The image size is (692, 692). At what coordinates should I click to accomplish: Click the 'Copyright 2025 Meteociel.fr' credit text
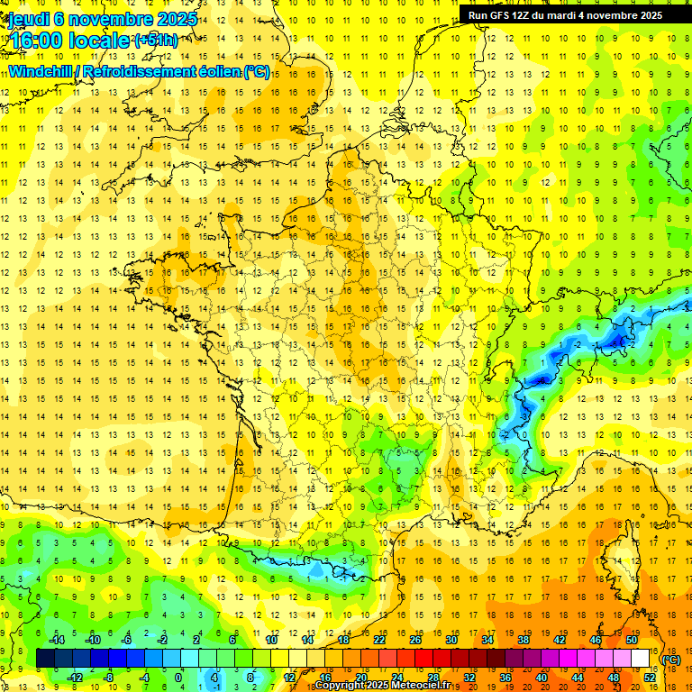pyautogui.click(x=382, y=686)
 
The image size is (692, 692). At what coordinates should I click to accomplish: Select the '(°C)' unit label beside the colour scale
pyautogui.click(x=671, y=660)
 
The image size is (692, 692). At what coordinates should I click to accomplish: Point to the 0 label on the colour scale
pyautogui.click(x=178, y=678)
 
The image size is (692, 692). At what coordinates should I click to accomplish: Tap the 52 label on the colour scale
pyautogui.click(x=650, y=678)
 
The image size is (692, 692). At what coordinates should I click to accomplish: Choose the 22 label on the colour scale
pyautogui.click(x=379, y=640)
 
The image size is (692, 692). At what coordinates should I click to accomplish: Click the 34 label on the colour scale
pyautogui.click(x=487, y=640)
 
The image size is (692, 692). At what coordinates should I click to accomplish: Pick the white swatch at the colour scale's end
pyautogui.click(x=641, y=659)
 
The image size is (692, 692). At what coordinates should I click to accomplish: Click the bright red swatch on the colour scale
pyautogui.click(x=424, y=659)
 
